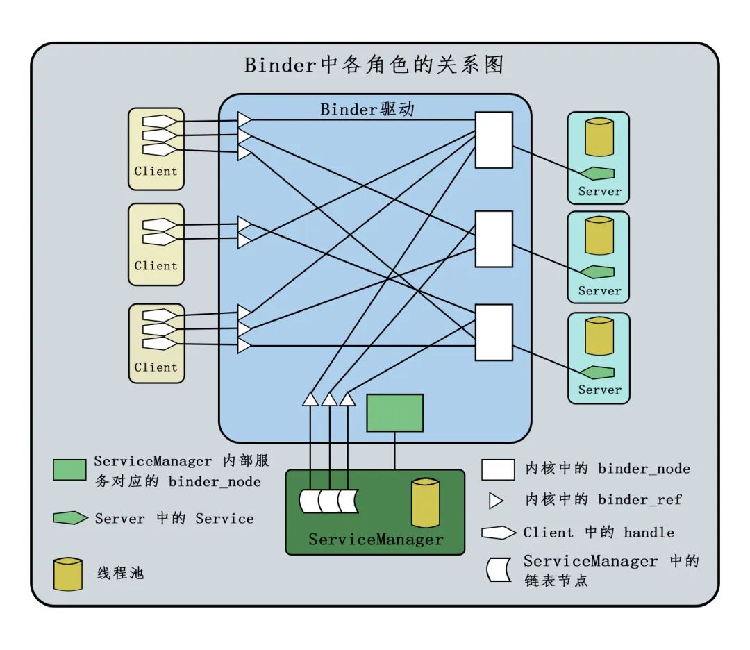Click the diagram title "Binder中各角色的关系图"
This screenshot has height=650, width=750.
pyautogui.click(x=374, y=65)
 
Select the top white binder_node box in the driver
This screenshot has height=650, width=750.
pyautogui.click(x=494, y=140)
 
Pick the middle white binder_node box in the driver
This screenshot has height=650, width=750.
pyautogui.click(x=494, y=239)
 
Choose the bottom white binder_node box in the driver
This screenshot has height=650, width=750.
pyautogui.click(x=494, y=332)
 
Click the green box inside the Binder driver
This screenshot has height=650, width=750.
pyautogui.click(x=394, y=413)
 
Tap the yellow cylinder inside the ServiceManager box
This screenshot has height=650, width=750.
pyautogui.click(x=425, y=502)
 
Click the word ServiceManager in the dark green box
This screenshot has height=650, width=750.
pyautogui.click(x=375, y=540)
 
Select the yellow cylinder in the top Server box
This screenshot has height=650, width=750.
pyautogui.click(x=599, y=137)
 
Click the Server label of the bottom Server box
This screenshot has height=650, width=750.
pyautogui.click(x=599, y=390)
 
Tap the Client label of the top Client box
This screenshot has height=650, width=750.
pyautogui.click(x=156, y=171)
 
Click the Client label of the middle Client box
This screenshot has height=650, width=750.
pyautogui.click(x=156, y=265)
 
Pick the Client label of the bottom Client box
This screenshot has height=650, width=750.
pyautogui.click(x=156, y=367)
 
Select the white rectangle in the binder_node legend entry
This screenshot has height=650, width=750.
pyautogui.click(x=498, y=469)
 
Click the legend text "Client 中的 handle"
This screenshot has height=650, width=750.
pyautogui.click(x=599, y=533)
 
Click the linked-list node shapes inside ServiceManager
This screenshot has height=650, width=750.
pyautogui.click(x=328, y=501)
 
